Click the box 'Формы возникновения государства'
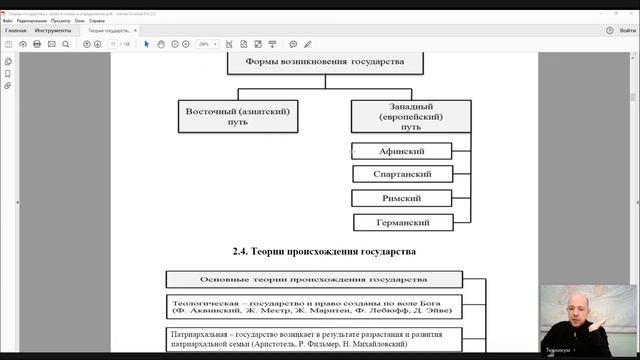click(318, 62)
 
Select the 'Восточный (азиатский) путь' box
click(237, 117)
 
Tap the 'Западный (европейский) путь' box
click(402, 117)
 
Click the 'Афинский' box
click(402, 151)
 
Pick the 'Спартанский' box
click(402, 174)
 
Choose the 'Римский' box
click(402, 198)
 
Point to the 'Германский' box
click(402, 222)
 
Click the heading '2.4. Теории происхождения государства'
click(317, 251)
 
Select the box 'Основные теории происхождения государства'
click(314, 278)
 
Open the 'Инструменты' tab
click(52, 31)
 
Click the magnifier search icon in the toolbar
click(70, 44)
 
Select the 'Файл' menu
click(8, 20)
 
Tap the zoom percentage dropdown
click(208, 44)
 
